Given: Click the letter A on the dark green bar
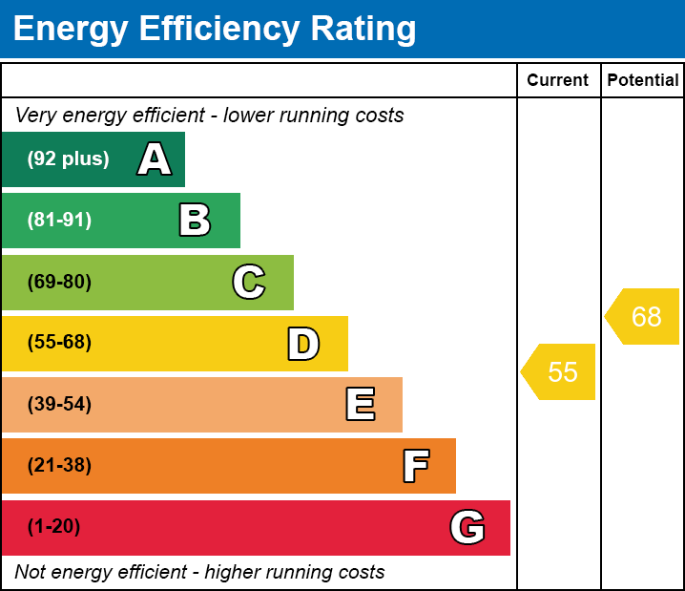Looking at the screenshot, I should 155,159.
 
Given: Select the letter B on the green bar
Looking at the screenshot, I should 195,221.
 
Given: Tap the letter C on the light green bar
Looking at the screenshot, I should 249,282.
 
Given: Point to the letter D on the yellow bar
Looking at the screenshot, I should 303,344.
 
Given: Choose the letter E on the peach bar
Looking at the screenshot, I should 360,405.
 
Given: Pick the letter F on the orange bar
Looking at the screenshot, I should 415,466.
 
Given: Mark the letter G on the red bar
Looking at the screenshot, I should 467,527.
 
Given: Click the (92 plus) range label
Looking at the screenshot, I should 68,159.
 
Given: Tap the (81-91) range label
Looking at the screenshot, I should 59,221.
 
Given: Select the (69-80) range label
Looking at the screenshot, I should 59,282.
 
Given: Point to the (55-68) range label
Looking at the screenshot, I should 59,343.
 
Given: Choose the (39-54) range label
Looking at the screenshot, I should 59,405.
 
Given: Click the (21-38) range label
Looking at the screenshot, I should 59,466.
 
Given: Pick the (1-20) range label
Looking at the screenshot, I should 54,527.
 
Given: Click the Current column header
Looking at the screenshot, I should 558,81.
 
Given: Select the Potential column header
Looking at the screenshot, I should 643,81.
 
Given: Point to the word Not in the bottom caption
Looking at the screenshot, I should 31,573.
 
